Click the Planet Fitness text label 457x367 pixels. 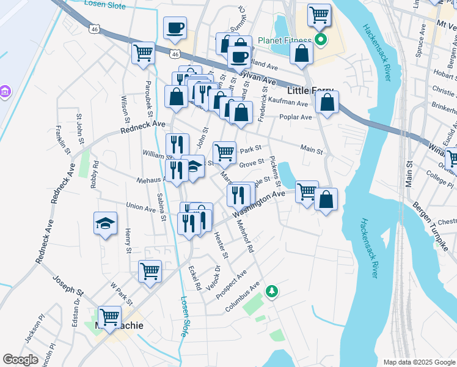click(x=285, y=42)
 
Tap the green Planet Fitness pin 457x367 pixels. click(x=321, y=42)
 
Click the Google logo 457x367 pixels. click(x=21, y=360)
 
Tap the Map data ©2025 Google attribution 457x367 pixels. click(x=419, y=362)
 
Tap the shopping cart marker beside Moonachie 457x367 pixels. click(x=109, y=317)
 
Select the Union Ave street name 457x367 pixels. click(x=141, y=207)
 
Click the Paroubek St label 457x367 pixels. click(x=148, y=98)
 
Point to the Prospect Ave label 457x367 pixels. click(x=233, y=280)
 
